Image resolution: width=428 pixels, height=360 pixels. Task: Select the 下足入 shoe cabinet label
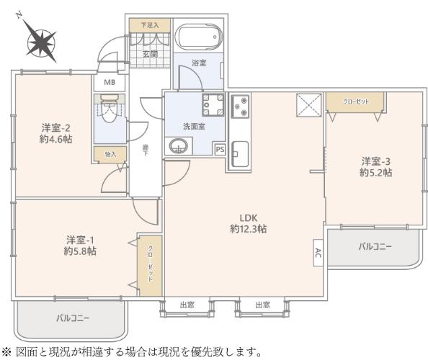(149, 25)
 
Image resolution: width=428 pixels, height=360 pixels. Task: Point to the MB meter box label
(110, 82)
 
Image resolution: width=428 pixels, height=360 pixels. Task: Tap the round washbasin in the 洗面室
(177, 146)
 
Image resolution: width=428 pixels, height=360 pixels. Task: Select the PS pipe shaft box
(220, 149)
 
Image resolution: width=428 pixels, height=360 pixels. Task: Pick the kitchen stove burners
(239, 108)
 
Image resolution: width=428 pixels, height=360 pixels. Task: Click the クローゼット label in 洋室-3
(356, 102)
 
